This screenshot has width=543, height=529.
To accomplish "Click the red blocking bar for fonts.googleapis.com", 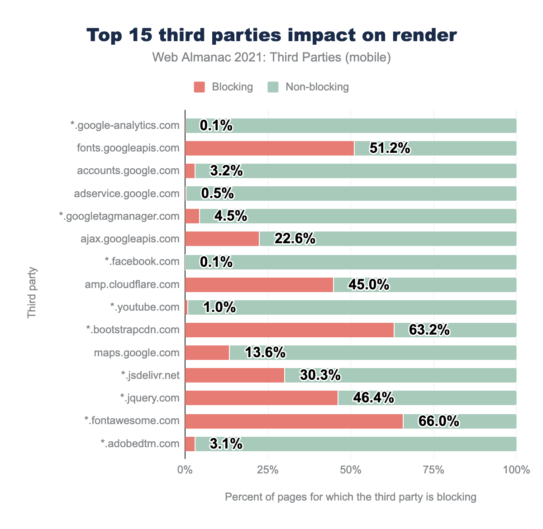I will pyautogui.click(x=270, y=148).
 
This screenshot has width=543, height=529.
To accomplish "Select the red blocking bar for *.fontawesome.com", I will pyautogui.click(x=294, y=421).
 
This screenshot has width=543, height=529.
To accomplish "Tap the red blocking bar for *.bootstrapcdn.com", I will pyautogui.click(x=290, y=330).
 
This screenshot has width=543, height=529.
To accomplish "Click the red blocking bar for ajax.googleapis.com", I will pyautogui.click(x=222, y=239).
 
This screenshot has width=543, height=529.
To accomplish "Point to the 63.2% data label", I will pyautogui.click(x=429, y=330).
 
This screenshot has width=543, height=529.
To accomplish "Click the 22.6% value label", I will pyautogui.click(x=295, y=239).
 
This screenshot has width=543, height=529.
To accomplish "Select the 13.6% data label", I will pyautogui.click(x=265, y=353).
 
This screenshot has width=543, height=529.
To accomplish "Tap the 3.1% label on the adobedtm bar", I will pyautogui.click(x=226, y=444).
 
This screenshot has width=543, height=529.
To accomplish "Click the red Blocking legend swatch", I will pyautogui.click(x=200, y=87).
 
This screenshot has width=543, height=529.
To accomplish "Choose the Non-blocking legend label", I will pyautogui.click(x=317, y=87).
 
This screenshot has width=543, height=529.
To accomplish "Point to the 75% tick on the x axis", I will pyautogui.click(x=433, y=470).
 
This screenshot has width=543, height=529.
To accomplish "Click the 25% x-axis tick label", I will pyautogui.click(x=268, y=470).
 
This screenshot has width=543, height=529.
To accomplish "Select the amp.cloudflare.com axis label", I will pyautogui.click(x=132, y=284).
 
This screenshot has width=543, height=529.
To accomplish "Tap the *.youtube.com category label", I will pyautogui.click(x=145, y=307).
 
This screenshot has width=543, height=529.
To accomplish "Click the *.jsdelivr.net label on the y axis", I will pyautogui.click(x=150, y=375).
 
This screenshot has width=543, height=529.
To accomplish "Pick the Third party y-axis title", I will pyautogui.click(x=32, y=293).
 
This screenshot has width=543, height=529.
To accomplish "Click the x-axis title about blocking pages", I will pyautogui.click(x=351, y=497).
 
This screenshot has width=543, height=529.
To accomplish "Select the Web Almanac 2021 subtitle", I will pyautogui.click(x=271, y=57).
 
